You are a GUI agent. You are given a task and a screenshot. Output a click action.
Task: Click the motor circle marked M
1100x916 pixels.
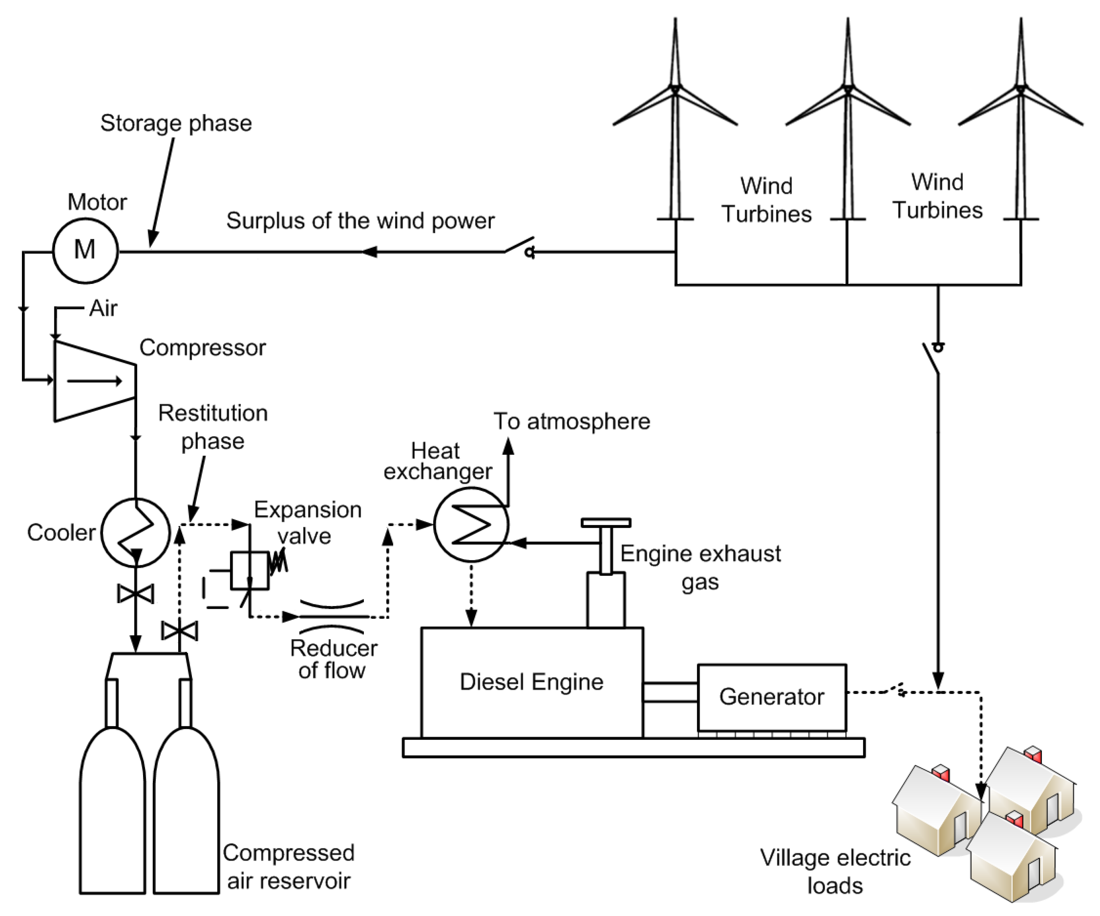[85, 251]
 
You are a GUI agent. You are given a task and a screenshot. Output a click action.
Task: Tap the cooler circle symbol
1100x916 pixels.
[135, 532]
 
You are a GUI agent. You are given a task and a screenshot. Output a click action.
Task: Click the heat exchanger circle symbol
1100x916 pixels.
[471, 524]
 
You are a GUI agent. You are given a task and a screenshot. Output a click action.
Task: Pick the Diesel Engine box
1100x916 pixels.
[532, 683]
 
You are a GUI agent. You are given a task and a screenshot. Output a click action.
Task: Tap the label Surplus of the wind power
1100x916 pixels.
[360, 221]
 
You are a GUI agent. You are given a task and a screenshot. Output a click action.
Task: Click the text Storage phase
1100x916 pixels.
[176, 123]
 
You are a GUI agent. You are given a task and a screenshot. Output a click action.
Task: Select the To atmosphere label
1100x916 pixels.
[571, 421]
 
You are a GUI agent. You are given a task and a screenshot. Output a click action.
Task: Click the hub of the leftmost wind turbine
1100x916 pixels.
[675, 89]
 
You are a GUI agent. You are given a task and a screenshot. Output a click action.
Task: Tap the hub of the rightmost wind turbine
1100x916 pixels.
[1020, 89]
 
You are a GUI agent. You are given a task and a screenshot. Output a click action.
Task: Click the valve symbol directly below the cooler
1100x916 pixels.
[136, 593]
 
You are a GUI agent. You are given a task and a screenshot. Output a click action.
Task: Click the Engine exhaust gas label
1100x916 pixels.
[700, 567]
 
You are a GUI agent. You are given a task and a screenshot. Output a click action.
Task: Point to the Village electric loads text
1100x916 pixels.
[835, 871]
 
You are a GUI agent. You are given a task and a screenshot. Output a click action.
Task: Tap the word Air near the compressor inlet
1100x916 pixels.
[103, 308]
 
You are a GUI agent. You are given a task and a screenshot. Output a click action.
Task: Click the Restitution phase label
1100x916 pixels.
[213, 427]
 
